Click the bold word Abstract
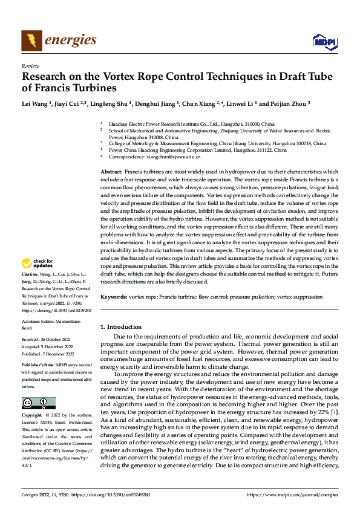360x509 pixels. (x=111, y=172)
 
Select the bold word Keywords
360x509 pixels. (x=113, y=297)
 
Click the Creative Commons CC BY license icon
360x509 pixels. (x=38, y=403)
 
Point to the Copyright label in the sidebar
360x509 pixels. (x=32, y=415)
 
